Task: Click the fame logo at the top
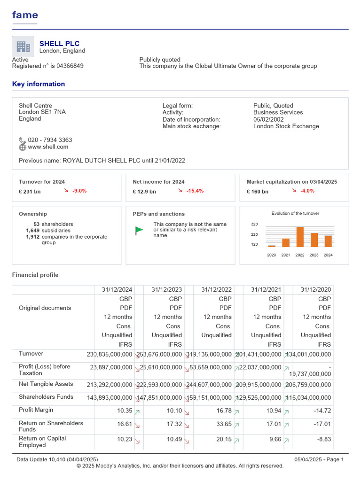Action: (25, 15)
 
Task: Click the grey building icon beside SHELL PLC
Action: (23, 47)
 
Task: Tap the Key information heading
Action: (39, 84)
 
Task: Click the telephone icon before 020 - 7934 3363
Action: (23, 140)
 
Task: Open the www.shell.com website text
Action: (48, 147)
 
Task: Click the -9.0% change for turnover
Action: (79, 191)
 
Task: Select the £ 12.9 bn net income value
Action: (144, 192)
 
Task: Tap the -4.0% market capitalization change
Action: (307, 191)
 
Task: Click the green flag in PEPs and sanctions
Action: (139, 230)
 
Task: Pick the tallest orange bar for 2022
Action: (300, 237)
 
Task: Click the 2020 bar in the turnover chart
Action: (272, 246)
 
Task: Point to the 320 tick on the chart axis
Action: (254, 225)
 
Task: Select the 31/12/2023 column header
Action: (166, 290)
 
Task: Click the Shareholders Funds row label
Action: (46, 397)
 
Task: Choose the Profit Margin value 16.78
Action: (224, 411)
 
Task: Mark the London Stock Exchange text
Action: (286, 126)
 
